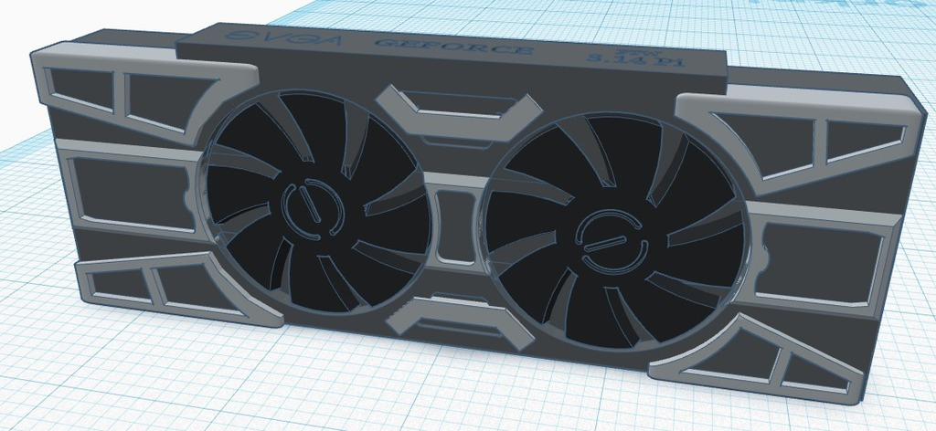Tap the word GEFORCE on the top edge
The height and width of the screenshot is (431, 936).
452,47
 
